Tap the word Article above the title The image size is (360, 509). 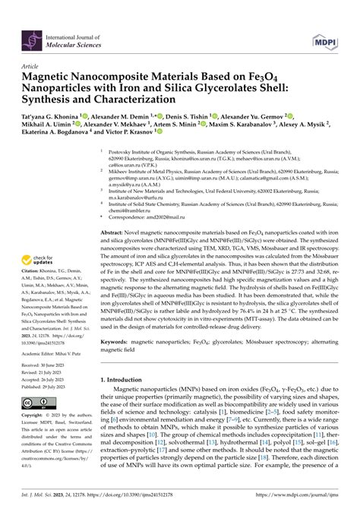pyautogui.click(x=31, y=66)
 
